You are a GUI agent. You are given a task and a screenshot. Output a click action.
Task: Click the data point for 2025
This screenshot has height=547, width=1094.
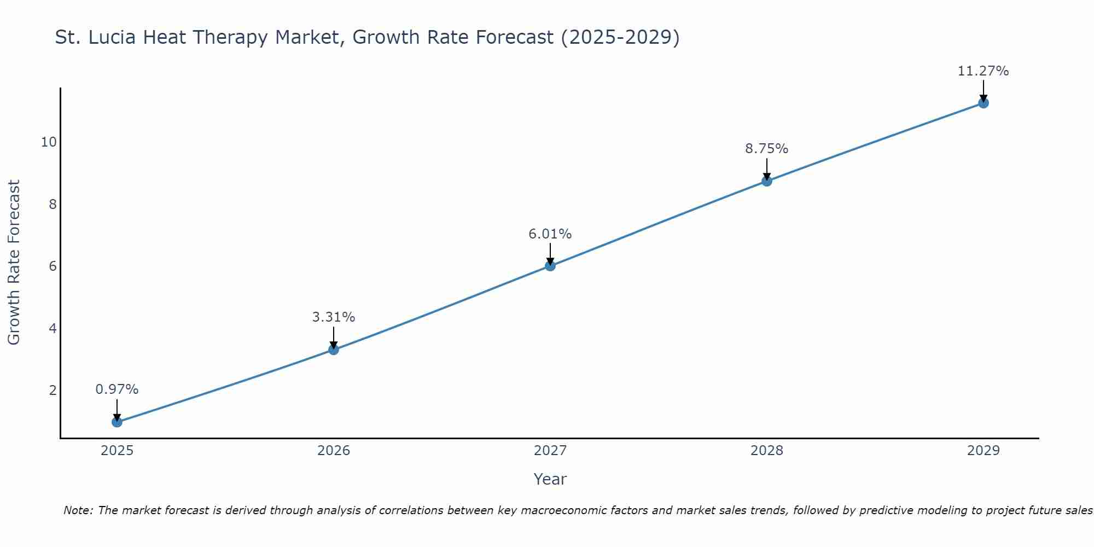[x=117, y=422]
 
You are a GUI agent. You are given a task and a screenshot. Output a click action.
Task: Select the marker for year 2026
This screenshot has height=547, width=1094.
[x=333, y=350]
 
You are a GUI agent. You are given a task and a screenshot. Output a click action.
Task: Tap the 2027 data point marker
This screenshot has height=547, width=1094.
[x=550, y=266]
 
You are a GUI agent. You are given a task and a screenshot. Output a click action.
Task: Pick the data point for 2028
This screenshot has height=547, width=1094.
[x=766, y=181]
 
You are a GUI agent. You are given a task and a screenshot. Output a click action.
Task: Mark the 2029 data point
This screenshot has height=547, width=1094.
[x=983, y=103]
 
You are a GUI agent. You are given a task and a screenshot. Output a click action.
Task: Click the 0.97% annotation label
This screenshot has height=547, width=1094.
[x=117, y=389]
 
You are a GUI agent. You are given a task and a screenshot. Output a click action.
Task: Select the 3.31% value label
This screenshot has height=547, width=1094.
[x=333, y=317]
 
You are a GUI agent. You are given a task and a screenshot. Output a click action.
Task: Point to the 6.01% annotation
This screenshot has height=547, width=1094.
[x=550, y=234]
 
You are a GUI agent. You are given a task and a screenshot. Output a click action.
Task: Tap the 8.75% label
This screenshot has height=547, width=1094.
[x=766, y=149]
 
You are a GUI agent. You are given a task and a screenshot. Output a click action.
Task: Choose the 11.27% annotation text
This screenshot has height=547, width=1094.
[x=983, y=71]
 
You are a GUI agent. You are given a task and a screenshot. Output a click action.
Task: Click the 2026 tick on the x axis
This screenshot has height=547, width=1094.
[x=333, y=451]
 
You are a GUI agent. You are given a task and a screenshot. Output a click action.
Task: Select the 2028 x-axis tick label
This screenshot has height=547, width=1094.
[x=766, y=451]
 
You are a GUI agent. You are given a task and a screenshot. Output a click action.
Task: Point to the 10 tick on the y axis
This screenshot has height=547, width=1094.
[x=49, y=142]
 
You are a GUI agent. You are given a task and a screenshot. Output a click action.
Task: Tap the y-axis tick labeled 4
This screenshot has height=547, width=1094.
[x=53, y=329]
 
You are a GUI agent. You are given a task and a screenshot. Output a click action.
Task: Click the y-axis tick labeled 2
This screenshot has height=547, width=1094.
[x=53, y=391]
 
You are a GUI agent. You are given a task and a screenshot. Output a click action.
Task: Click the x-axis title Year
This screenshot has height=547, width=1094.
[x=550, y=479]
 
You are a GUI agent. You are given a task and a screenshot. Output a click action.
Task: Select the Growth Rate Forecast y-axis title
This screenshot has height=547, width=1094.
[x=14, y=262]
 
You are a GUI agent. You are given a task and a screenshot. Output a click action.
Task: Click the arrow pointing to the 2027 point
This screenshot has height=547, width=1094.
[x=550, y=253]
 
